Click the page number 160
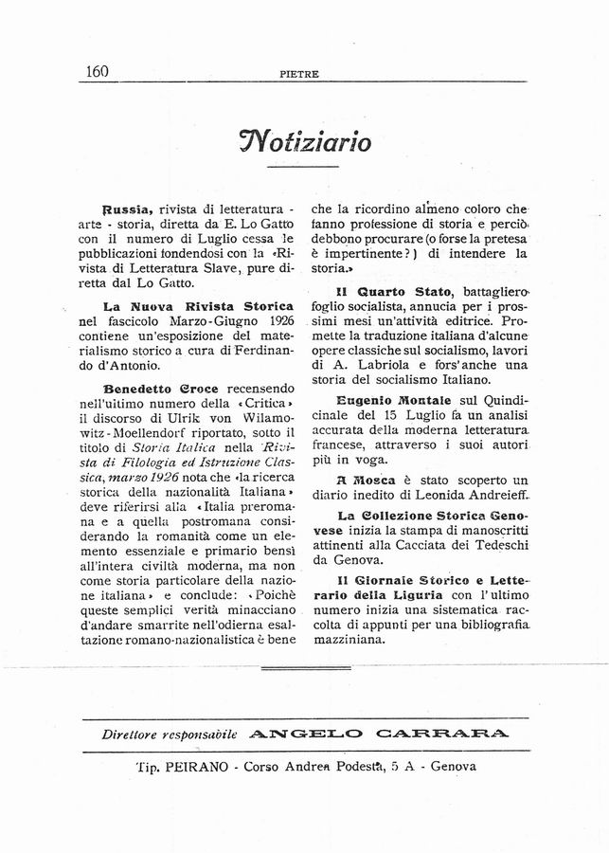(x=97, y=71)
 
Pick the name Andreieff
(x=493, y=497)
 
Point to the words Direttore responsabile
(x=170, y=734)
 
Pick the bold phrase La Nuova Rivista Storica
(x=198, y=307)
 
